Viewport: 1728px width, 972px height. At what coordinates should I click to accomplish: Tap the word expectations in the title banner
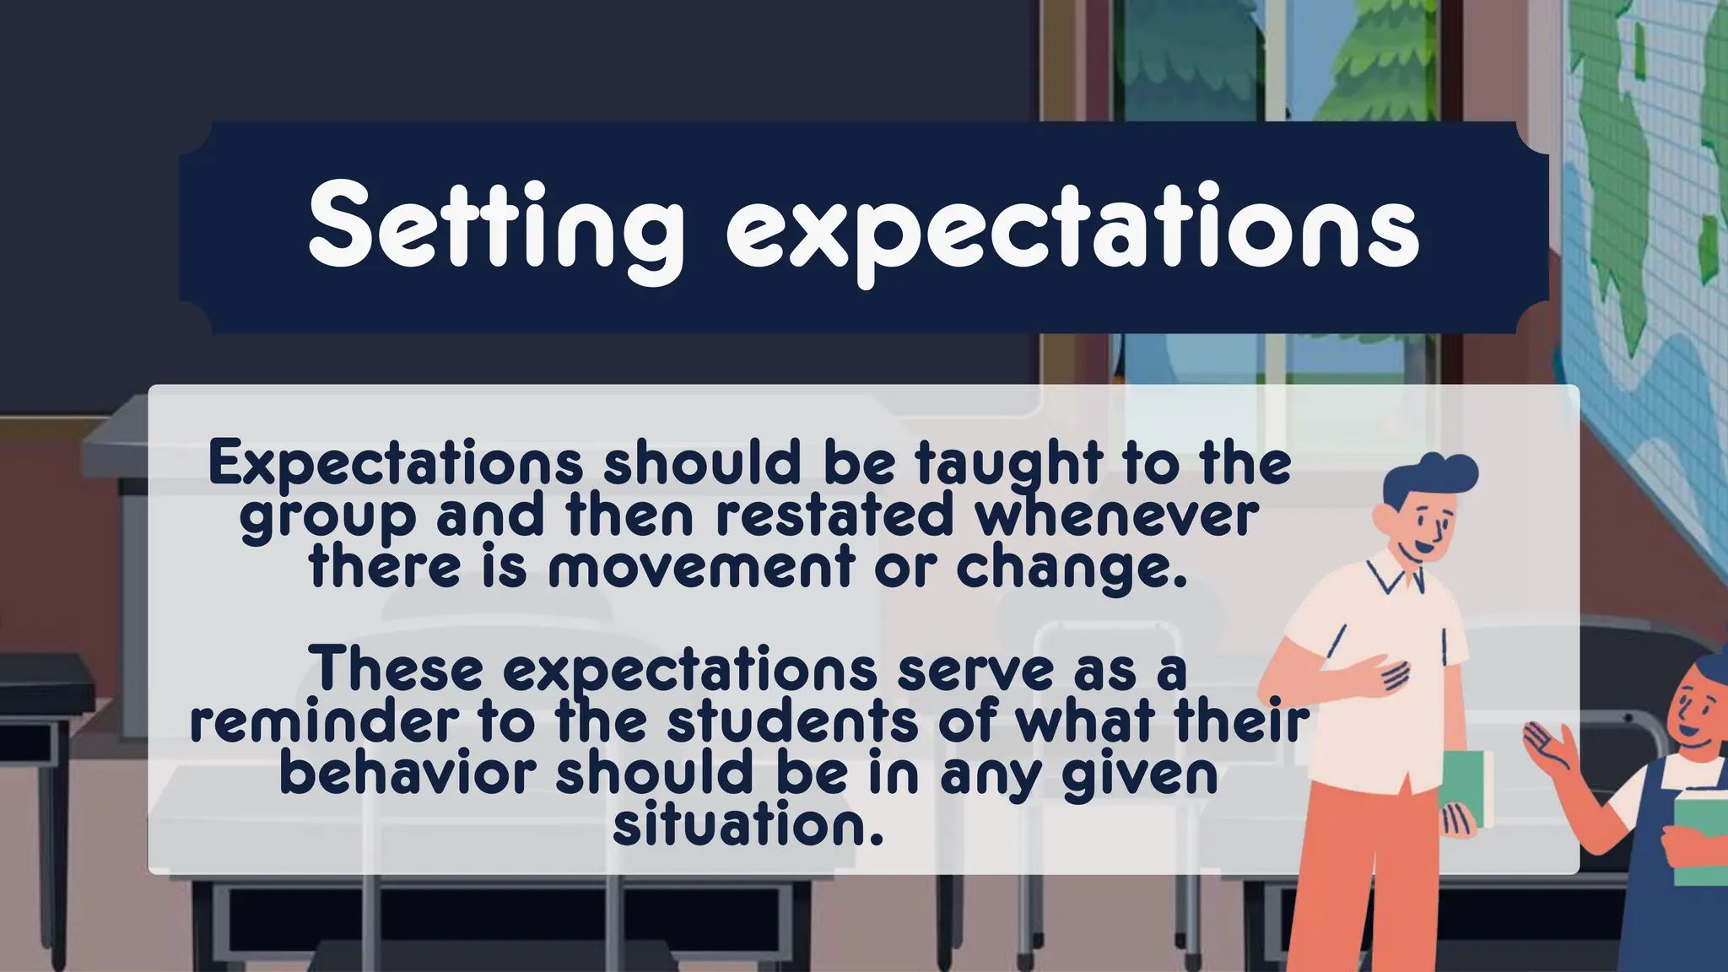pyautogui.click(x=1072, y=232)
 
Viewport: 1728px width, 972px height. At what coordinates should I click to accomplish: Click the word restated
pyautogui.click(x=834, y=516)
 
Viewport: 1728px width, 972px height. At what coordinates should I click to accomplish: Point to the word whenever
pyautogui.click(x=1117, y=516)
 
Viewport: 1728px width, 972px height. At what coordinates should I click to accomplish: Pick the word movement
pyautogui.click(x=700, y=567)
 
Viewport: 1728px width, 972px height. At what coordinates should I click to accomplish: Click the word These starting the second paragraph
pyautogui.click(x=397, y=670)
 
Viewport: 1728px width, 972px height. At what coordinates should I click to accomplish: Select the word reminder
pyautogui.click(x=325, y=722)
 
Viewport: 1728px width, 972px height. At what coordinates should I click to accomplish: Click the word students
pyautogui.click(x=792, y=722)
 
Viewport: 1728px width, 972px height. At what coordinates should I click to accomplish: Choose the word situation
pyautogui.click(x=748, y=825)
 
